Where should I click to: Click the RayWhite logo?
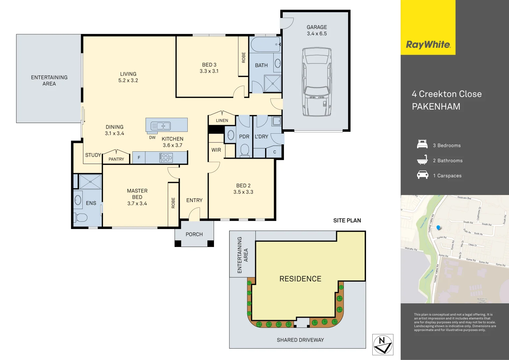(428, 45)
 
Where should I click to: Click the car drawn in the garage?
(317, 82)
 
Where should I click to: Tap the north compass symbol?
(383, 345)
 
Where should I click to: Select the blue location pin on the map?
(438, 228)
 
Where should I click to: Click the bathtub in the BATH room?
(265, 45)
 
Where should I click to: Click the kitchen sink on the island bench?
(161, 126)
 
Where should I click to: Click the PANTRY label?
(116, 159)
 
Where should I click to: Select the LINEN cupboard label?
(222, 121)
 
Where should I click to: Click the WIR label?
(216, 150)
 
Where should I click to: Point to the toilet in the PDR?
(245, 150)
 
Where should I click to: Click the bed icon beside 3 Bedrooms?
(422, 145)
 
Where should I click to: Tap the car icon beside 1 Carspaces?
(422, 175)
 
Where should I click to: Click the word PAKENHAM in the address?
(436, 107)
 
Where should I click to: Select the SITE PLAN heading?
(347, 220)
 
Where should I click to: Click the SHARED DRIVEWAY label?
(300, 340)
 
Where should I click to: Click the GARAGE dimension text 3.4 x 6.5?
(317, 34)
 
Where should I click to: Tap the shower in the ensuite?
(90, 182)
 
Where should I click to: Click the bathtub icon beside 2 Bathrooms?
(422, 160)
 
